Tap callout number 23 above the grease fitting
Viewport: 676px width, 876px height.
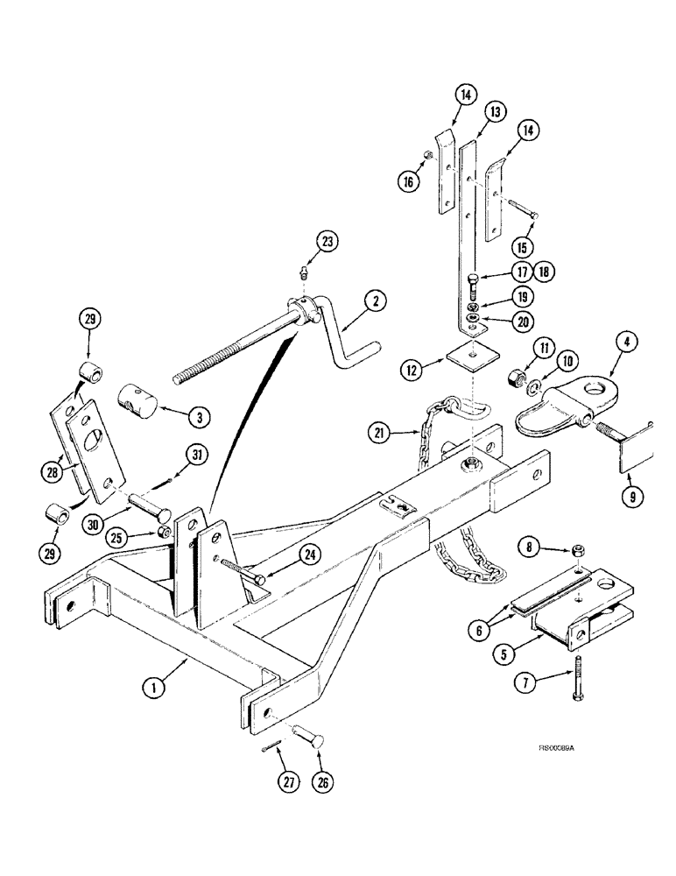coord(327,240)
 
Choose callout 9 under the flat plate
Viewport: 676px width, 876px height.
coord(629,495)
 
